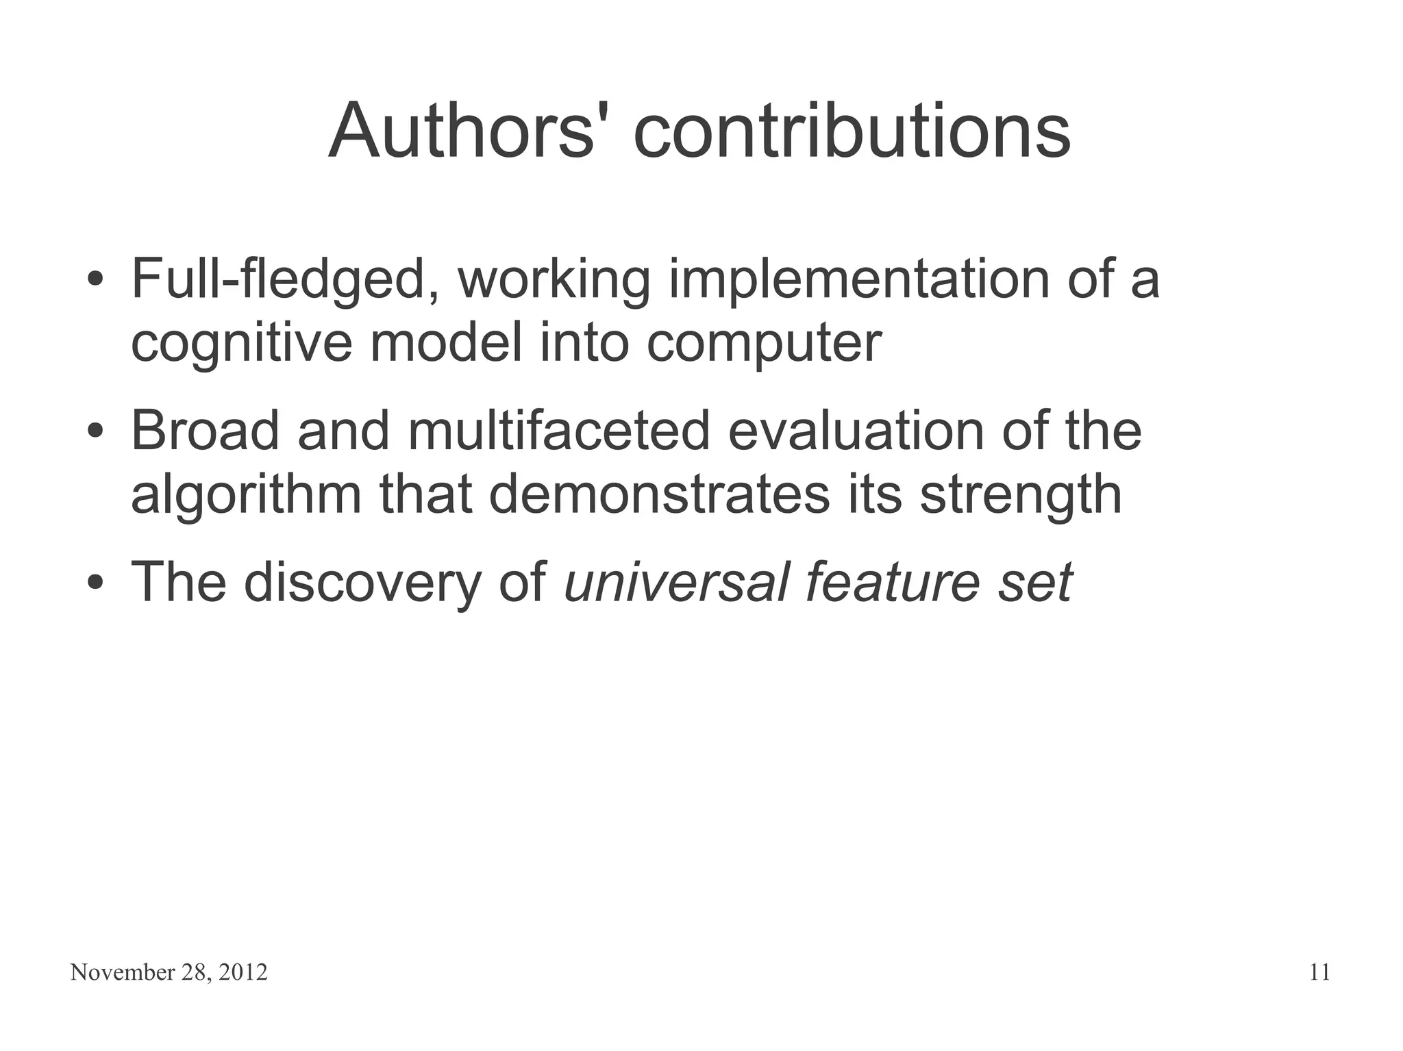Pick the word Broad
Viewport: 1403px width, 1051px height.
205,431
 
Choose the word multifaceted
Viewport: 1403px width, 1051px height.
559,431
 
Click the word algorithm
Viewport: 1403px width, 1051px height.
246,496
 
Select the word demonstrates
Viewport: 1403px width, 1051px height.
659,494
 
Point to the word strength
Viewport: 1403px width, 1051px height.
1021,496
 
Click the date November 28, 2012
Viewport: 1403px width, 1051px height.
169,973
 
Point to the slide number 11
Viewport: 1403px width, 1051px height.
1319,973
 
